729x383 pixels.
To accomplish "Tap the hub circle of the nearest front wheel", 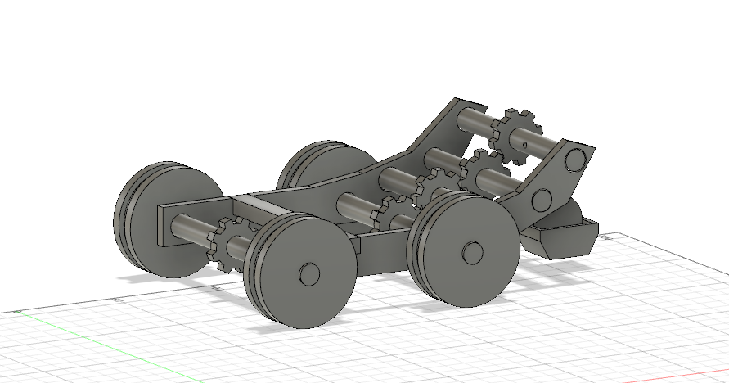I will (x=308, y=273).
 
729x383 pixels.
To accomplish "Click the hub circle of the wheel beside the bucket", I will (x=471, y=251).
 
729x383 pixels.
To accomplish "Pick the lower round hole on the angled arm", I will (x=541, y=199).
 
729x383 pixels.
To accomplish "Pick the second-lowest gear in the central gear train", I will (x=434, y=187).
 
